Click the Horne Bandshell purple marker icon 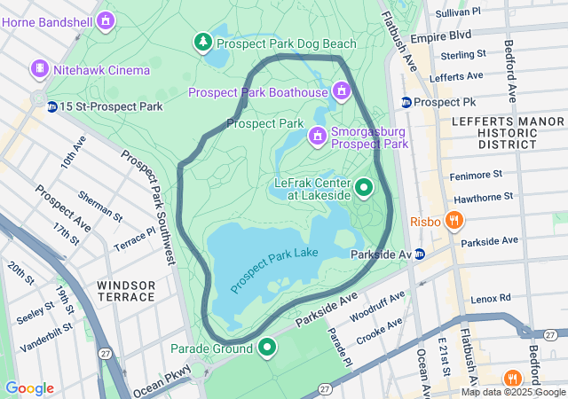(x=106, y=19)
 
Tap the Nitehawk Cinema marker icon (x=39, y=68)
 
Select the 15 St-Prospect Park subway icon (x=52, y=106)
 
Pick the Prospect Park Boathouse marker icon (x=341, y=91)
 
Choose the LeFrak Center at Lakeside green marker (x=364, y=188)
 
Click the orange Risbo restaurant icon (x=454, y=220)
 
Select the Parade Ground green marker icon (x=267, y=348)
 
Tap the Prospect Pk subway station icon (x=406, y=102)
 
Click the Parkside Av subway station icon (x=420, y=254)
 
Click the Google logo (x=29, y=388)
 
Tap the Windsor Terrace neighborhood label (x=126, y=291)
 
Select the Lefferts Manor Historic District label (x=493, y=131)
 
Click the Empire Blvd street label (x=446, y=36)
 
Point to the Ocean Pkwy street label (x=162, y=383)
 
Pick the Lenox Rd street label (x=492, y=299)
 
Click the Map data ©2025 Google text (x=513, y=392)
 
